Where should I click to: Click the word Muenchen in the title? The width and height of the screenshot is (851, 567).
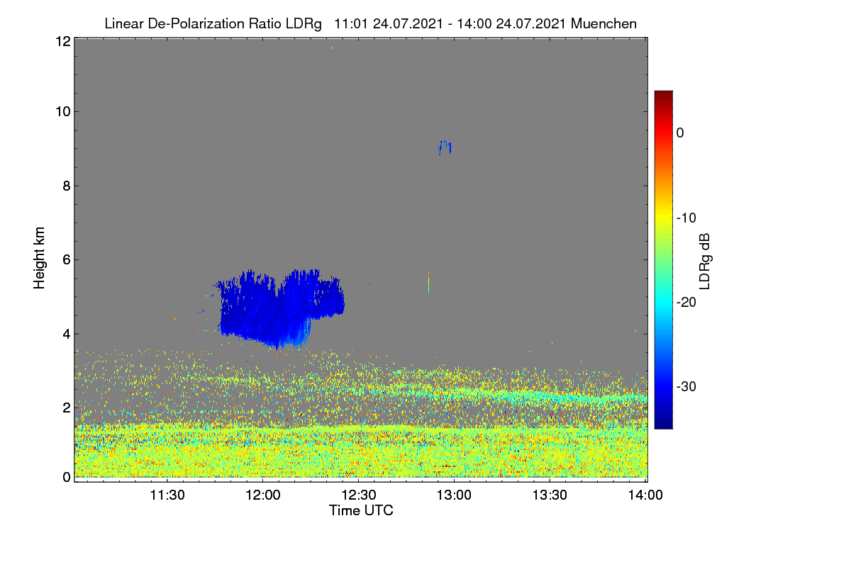pyautogui.click(x=604, y=24)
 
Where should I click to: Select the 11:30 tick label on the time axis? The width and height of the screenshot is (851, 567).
pyautogui.click(x=167, y=495)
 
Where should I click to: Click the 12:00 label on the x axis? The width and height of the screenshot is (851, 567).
pyautogui.click(x=263, y=495)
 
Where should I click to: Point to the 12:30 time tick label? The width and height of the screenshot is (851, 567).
pyautogui.click(x=359, y=495)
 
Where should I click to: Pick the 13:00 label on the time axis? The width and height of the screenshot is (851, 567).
pyautogui.click(x=454, y=495)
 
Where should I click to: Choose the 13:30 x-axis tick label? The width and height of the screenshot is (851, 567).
pyautogui.click(x=550, y=495)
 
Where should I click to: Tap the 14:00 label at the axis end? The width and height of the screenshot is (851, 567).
pyautogui.click(x=645, y=495)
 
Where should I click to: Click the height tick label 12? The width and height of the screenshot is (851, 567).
pyautogui.click(x=63, y=41)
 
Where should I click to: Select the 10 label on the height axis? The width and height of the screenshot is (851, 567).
pyautogui.click(x=63, y=112)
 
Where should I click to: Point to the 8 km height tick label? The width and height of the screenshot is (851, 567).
pyautogui.click(x=67, y=186)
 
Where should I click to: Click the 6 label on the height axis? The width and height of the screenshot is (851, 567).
pyautogui.click(x=67, y=260)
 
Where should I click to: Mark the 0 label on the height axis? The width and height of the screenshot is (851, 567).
pyautogui.click(x=67, y=477)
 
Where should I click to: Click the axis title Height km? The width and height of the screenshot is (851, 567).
pyautogui.click(x=39, y=258)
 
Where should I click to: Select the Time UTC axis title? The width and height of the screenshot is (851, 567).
pyautogui.click(x=361, y=510)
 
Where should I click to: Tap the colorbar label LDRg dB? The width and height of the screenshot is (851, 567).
pyautogui.click(x=705, y=262)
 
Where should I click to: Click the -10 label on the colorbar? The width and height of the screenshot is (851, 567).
pyautogui.click(x=686, y=218)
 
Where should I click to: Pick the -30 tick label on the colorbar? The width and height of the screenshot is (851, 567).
pyautogui.click(x=686, y=386)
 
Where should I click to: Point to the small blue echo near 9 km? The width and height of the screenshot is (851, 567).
pyautogui.click(x=445, y=147)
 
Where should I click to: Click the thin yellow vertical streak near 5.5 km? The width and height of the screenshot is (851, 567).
pyautogui.click(x=428, y=283)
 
